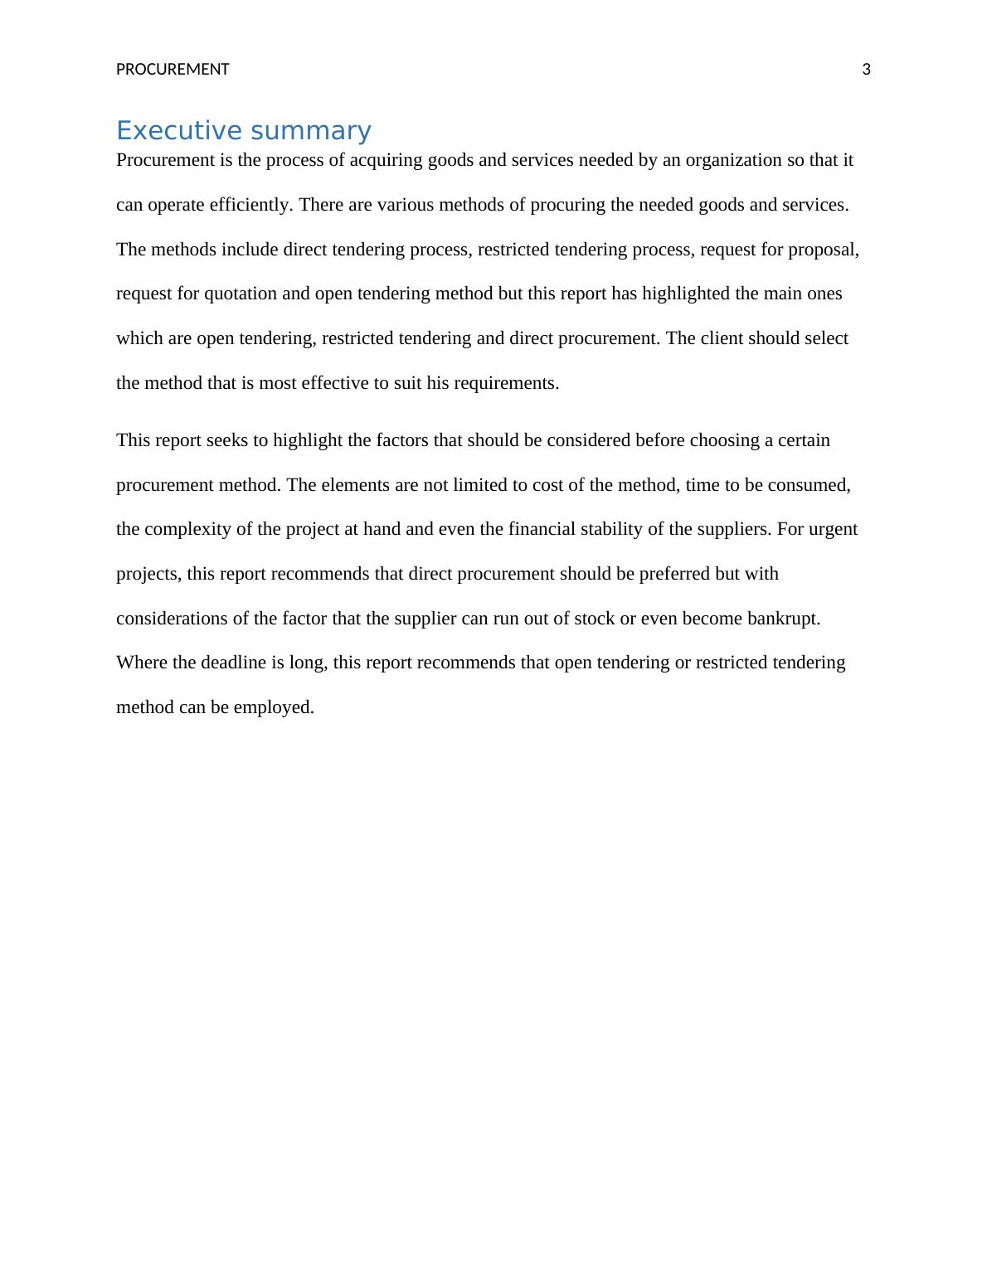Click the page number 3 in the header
pyautogui.click(x=866, y=70)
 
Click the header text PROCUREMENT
pyautogui.click(x=173, y=70)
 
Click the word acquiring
pyautogui.click(x=386, y=160)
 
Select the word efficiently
pyautogui.click(x=251, y=205)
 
